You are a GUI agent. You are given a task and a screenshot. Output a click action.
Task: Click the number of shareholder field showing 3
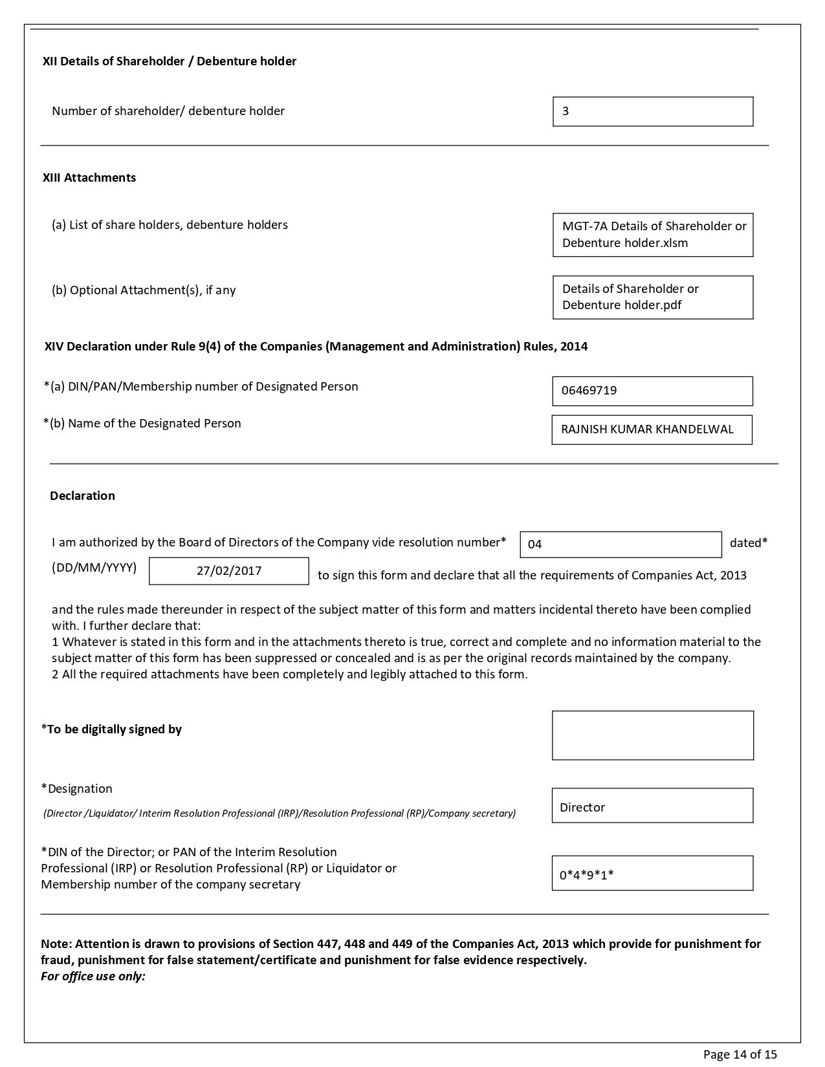coord(652,111)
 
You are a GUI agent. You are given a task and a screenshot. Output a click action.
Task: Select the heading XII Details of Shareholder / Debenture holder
coord(170,61)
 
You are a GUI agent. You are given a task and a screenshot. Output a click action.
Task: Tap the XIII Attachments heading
coord(89,178)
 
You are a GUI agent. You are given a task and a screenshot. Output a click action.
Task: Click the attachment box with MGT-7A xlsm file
coord(652,235)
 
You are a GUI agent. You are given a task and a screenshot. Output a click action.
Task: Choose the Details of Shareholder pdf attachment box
coord(652,297)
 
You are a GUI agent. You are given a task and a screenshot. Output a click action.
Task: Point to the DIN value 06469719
coord(652,391)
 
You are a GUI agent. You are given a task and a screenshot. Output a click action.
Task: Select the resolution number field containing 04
coord(620,544)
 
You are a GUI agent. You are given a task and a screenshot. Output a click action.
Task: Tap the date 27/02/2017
coord(229,571)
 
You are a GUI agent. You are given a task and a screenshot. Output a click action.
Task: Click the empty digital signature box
coord(652,735)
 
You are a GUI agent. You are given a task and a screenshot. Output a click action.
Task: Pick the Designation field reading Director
coord(652,806)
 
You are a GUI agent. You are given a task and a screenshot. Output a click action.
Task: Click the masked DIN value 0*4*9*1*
coord(652,874)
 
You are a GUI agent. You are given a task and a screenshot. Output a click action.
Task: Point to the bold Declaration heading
coord(82,496)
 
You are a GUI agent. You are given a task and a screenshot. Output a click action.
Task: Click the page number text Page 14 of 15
coord(740,1055)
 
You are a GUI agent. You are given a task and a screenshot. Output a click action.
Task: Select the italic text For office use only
coord(93,976)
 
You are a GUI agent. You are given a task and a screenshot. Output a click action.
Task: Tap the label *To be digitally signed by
coord(111,729)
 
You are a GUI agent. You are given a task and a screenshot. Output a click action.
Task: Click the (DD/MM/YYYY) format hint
coord(94,568)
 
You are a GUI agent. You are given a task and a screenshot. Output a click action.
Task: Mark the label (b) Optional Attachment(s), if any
coord(144,290)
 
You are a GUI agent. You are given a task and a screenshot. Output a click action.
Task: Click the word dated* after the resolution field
coord(749,543)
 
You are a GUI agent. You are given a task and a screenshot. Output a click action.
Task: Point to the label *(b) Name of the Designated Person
coord(142,424)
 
